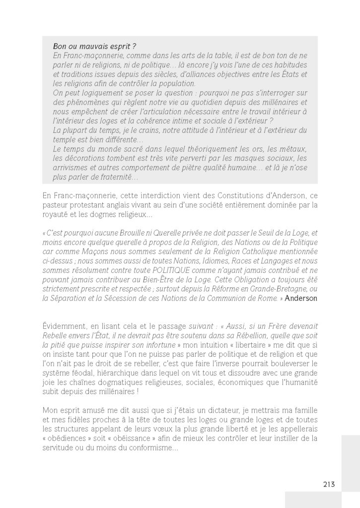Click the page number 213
tap(329, 484)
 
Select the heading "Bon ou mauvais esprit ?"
tap(87, 46)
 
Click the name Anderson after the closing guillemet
tap(301, 298)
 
